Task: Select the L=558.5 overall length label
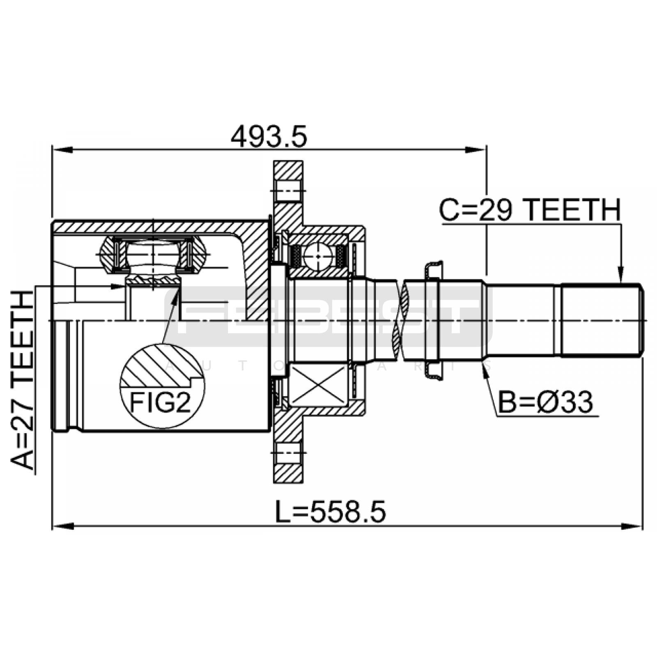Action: coord(330,512)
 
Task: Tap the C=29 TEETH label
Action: coord(530,210)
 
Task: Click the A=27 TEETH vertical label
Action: coord(21,379)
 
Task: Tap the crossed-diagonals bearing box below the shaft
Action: coord(318,384)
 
